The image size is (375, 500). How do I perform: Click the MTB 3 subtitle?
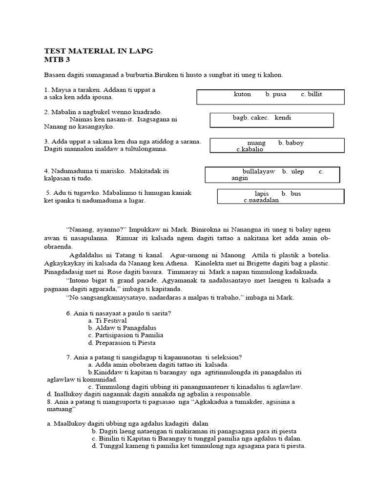point(57,60)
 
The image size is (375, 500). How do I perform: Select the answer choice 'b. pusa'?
point(276,94)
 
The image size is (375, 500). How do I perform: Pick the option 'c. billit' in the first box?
point(312,94)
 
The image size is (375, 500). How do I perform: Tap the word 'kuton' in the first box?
point(242,94)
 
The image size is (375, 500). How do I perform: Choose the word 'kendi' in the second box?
point(283,118)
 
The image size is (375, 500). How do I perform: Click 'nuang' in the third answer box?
point(256,143)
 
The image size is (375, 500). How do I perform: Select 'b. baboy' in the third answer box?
point(291,143)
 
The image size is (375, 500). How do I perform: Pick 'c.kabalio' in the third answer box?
point(250,149)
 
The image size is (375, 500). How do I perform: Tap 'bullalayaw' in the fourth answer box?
point(259,171)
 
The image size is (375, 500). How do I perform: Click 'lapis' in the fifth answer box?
point(262,194)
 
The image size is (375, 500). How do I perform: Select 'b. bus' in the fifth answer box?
point(292,194)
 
